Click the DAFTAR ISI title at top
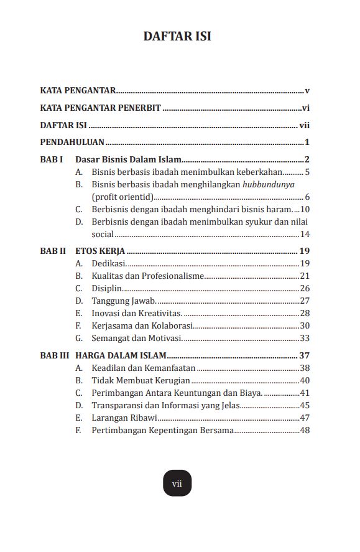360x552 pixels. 177,37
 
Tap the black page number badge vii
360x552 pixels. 177,483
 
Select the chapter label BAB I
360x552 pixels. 52,160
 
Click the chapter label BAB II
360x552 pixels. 53,251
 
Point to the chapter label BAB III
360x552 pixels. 54,356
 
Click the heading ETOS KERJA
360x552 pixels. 100,251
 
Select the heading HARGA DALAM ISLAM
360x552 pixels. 121,356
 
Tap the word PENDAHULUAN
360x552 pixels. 72,142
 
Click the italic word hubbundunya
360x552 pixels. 269,185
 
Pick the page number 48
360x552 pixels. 305,430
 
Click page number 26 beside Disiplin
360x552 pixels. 305,288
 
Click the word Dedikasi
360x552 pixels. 109,264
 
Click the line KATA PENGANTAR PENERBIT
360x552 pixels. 101,108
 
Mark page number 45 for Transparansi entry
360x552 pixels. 305,405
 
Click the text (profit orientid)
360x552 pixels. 122,197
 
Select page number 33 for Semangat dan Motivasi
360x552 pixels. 305,338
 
